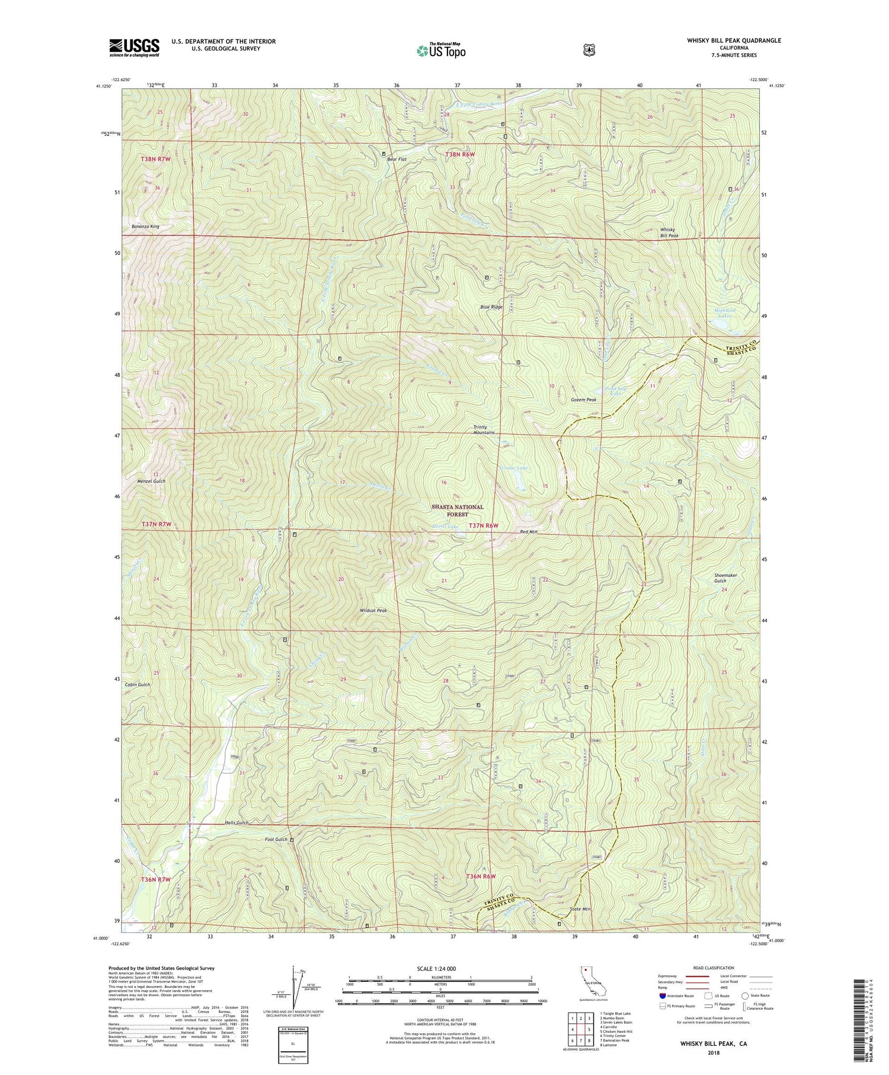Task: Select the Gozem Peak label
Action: coord(583,400)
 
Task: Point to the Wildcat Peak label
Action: coord(373,610)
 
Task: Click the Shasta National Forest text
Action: coord(458,511)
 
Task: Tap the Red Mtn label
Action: coord(528,532)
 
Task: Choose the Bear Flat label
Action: coord(396,160)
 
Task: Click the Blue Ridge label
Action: coord(491,307)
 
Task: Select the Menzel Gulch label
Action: coord(151,481)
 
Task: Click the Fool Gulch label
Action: coord(276,840)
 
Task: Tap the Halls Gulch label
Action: coord(236,823)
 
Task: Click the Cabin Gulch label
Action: coord(137,684)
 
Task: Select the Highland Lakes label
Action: coord(725,312)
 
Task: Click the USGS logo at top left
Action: coord(134,47)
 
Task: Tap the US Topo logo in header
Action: coord(441,50)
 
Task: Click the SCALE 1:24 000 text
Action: coord(439,968)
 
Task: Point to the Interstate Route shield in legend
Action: coord(663,996)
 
